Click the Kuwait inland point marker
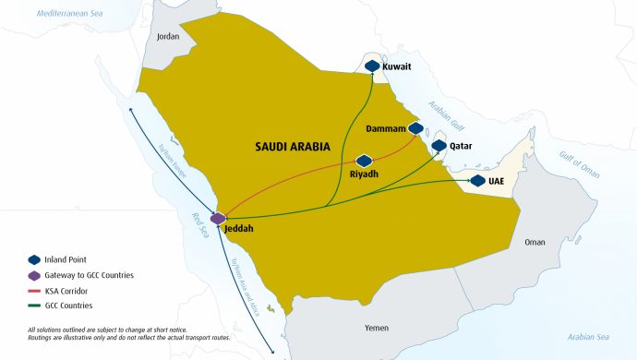tap(372, 66)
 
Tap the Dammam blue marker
tap(415, 129)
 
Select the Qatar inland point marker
tap(439, 146)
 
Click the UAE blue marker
tap(477, 181)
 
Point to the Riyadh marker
tap(364, 161)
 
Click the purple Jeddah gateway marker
tap(218, 219)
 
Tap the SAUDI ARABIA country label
tap(293, 147)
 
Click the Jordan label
tap(168, 37)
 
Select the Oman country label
tap(535, 242)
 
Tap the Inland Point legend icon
tap(35, 260)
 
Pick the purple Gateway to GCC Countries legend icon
tap(35, 275)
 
